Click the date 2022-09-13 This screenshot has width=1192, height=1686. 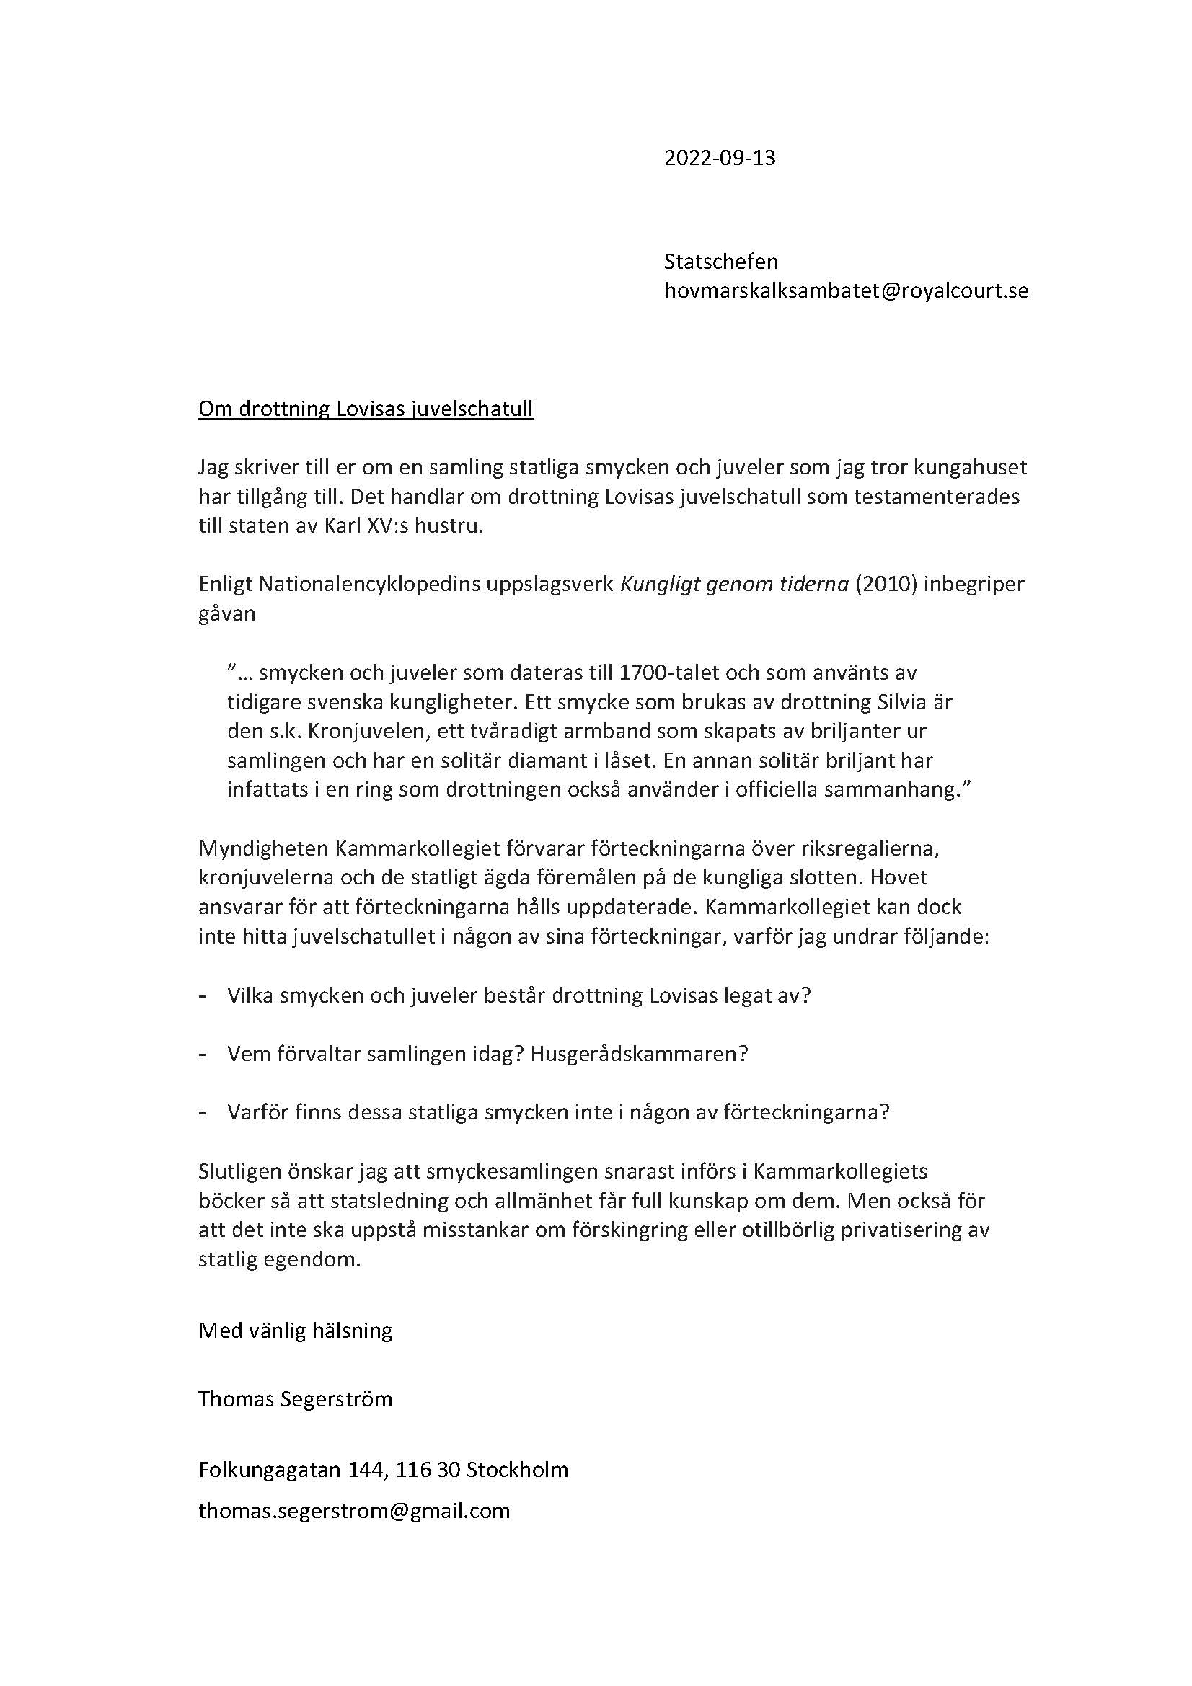coord(719,158)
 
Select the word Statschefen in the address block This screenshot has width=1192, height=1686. coord(720,262)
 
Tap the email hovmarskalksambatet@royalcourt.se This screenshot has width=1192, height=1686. coord(845,290)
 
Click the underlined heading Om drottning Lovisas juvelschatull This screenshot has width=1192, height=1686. coord(365,408)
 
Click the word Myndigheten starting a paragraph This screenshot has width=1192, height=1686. coord(264,848)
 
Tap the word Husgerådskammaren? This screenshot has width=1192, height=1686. coord(639,1054)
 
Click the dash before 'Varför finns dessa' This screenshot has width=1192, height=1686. coord(202,1112)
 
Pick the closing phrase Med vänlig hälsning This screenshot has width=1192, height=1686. coord(295,1330)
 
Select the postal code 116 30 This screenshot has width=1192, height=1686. coord(431,1469)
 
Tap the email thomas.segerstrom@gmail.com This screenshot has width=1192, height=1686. coord(354,1510)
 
